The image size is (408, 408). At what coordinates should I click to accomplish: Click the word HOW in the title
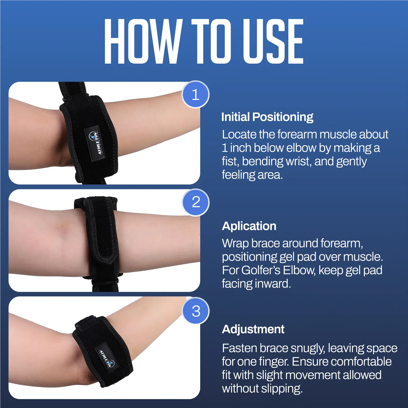[142, 41]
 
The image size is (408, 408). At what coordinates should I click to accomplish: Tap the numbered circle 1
[196, 94]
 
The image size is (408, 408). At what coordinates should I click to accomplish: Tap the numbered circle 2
[196, 202]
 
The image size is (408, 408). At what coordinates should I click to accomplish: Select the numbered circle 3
[196, 311]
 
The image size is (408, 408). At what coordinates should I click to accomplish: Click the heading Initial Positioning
[267, 117]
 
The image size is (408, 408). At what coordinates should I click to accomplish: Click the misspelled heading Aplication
[249, 226]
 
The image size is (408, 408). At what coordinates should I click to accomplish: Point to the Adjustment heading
[253, 329]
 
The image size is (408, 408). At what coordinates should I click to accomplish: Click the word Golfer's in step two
[261, 270]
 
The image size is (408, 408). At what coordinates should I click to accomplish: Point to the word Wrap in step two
[236, 244]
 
